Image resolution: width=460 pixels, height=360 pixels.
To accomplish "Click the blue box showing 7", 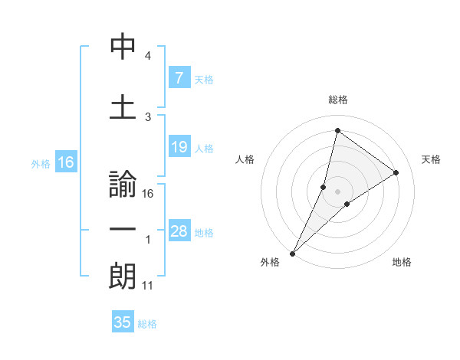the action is pyautogui.click(x=179, y=77).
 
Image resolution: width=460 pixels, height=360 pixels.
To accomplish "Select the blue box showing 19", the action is pyautogui.click(x=179, y=147).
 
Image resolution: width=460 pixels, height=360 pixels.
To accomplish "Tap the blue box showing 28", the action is pyautogui.click(x=179, y=231).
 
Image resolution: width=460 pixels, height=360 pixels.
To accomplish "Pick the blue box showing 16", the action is pyautogui.click(x=65, y=162).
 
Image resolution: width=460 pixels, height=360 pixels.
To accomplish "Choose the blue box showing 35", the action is pyautogui.click(x=123, y=322).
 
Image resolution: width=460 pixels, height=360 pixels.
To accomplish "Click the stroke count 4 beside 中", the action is pyautogui.click(x=148, y=56).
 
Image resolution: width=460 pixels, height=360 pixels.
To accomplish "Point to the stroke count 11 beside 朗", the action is pyautogui.click(x=149, y=286).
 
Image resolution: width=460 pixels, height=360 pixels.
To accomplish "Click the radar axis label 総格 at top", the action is pyautogui.click(x=338, y=100).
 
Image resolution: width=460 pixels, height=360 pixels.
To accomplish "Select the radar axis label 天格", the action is pyautogui.click(x=432, y=159).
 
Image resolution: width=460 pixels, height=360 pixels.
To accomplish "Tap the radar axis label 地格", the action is pyautogui.click(x=402, y=263).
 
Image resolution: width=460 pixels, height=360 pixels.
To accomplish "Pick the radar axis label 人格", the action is pyautogui.click(x=245, y=159).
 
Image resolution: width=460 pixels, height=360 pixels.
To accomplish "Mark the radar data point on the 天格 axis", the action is pyautogui.click(x=396, y=172).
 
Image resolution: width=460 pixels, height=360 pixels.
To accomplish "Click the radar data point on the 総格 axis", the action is pyautogui.click(x=337, y=130).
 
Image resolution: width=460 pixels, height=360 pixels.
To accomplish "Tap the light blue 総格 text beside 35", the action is pyautogui.click(x=147, y=324).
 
